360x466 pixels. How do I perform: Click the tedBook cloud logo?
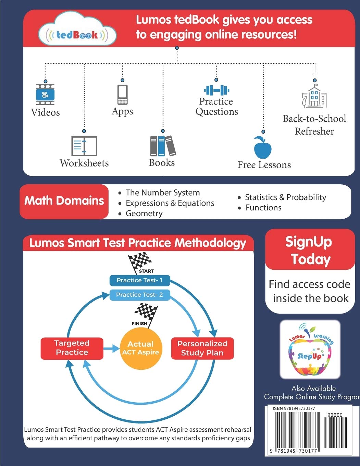(77, 29)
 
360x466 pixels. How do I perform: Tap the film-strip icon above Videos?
(45, 95)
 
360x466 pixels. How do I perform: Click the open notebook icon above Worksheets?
(84, 146)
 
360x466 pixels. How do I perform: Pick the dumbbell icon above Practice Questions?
(216, 90)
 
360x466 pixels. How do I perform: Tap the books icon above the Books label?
(163, 146)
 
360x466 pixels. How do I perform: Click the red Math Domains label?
(64, 201)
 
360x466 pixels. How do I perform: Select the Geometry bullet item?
(140, 213)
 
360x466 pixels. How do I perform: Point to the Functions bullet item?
(260, 208)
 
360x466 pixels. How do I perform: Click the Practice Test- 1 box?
(140, 280)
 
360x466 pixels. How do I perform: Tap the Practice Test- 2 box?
(140, 295)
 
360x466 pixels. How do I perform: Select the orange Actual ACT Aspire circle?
(140, 348)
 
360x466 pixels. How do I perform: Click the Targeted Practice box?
(72, 348)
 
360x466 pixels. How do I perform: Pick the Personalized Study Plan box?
(202, 348)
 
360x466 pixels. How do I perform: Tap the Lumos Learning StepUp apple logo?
(310, 349)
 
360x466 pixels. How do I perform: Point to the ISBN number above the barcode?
(294, 408)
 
